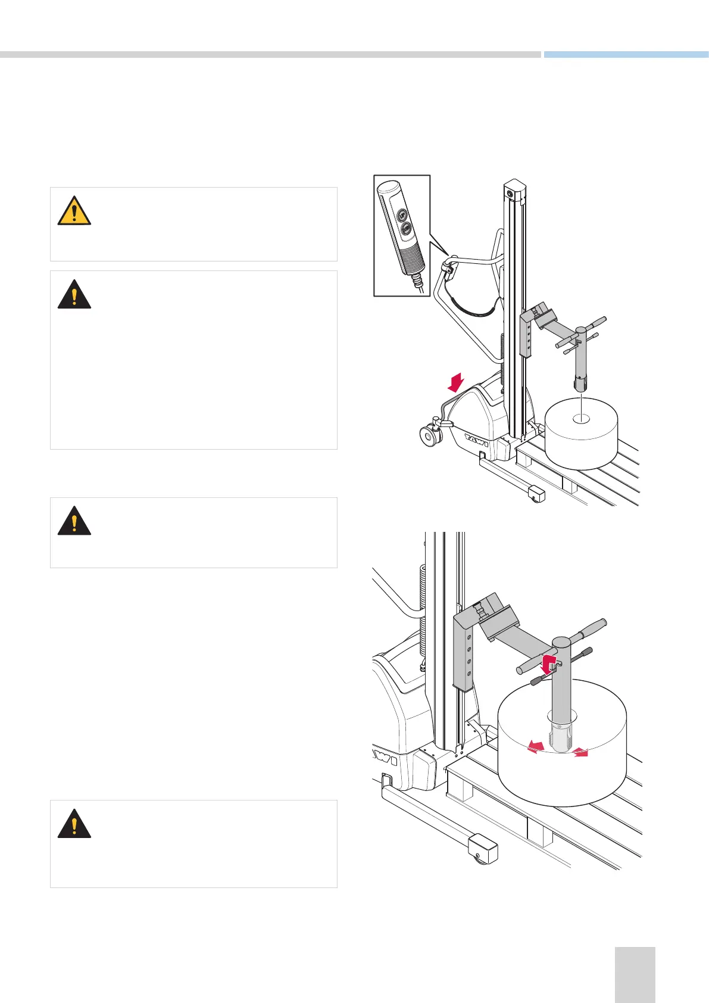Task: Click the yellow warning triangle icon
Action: click(x=74, y=211)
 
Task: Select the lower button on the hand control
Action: click(x=406, y=228)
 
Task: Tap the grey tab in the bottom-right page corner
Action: click(x=635, y=974)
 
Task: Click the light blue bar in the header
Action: click(x=626, y=54)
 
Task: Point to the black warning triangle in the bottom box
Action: click(x=74, y=824)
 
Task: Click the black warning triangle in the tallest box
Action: click(x=74, y=294)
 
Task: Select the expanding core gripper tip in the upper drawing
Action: click(x=579, y=385)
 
